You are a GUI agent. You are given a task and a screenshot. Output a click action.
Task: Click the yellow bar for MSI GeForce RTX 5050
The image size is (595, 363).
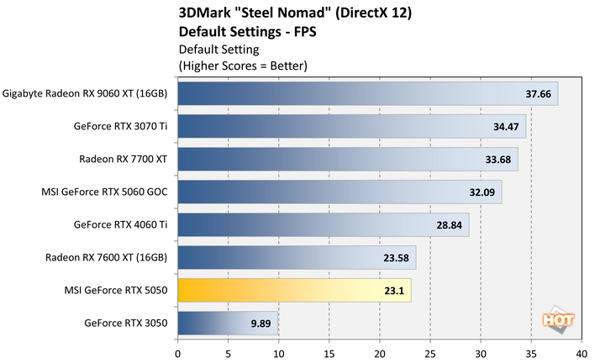(x=294, y=291)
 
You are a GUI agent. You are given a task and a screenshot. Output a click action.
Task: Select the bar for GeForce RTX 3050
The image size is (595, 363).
(x=227, y=324)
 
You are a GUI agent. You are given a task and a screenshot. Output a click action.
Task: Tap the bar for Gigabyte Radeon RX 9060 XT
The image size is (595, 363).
(x=367, y=94)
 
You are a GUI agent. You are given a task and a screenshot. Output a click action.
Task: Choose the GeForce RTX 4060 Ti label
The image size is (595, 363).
(x=120, y=224)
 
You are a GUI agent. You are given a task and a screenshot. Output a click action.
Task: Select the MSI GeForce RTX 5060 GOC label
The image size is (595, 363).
(x=105, y=192)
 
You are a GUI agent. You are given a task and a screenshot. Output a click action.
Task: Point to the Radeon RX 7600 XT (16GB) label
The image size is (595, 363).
(x=111, y=257)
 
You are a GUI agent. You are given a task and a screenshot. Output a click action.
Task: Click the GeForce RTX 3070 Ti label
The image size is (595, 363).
(x=120, y=126)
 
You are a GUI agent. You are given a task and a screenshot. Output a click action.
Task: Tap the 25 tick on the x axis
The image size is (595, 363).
(x=430, y=343)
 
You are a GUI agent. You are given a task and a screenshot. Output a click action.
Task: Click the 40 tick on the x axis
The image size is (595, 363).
(x=582, y=343)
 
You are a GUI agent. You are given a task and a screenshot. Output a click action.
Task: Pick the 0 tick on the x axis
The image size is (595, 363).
(x=178, y=343)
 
